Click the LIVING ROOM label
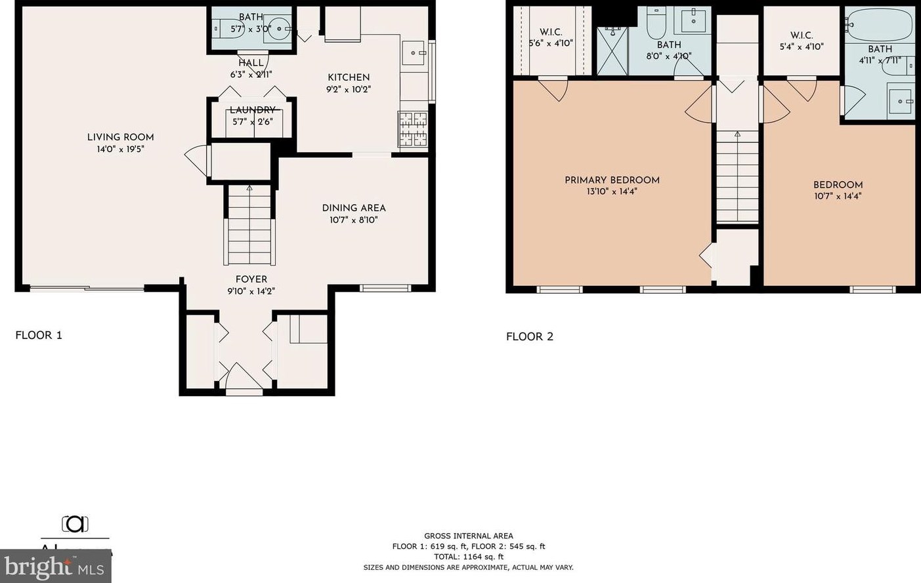(120, 137)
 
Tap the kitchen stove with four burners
(412, 129)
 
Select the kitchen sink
(413, 53)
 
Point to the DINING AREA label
(353, 208)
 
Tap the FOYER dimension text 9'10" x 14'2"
(251, 291)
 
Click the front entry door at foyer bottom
(244, 380)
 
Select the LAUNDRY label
(253, 110)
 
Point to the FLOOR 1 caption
(39, 335)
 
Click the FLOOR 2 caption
(530, 336)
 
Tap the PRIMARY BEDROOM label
(612, 180)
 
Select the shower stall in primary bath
(612, 51)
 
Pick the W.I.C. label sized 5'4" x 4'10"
(802, 41)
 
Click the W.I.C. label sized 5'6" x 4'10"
(551, 37)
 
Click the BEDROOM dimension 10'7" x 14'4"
(838, 196)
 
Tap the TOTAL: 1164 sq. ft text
(469, 557)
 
